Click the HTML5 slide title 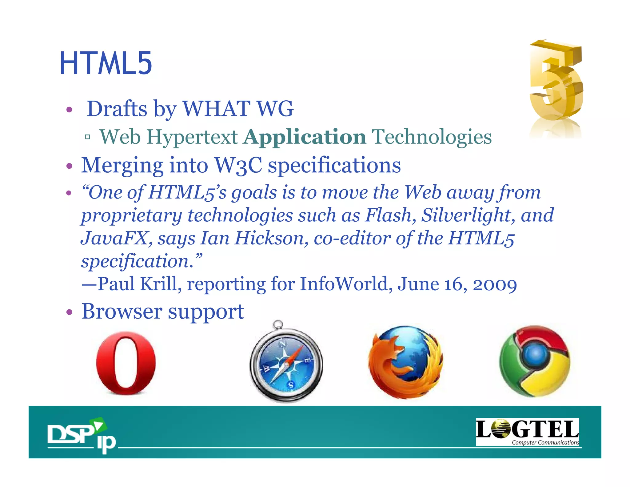[x=106, y=63]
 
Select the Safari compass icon [x=286, y=363]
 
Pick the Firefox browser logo [x=405, y=362]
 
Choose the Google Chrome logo [x=535, y=361]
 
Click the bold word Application [x=305, y=137]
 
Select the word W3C [x=238, y=165]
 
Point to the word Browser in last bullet [x=122, y=311]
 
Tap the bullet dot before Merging [x=70, y=167]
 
